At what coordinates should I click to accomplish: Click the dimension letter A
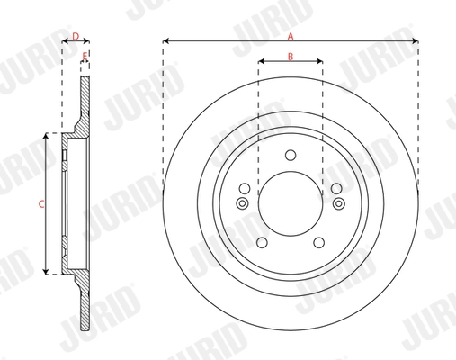pyautogui.click(x=290, y=36)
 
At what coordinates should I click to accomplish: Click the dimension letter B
pyautogui.click(x=290, y=57)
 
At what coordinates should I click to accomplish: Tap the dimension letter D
pyautogui.click(x=76, y=37)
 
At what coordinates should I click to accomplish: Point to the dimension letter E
pyautogui.click(x=85, y=57)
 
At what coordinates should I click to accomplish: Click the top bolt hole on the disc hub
pyautogui.click(x=290, y=155)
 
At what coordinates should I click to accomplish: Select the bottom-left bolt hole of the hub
pyautogui.click(x=261, y=243)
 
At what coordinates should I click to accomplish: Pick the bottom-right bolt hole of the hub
pyautogui.click(x=318, y=243)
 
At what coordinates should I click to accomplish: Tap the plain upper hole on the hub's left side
pyautogui.click(x=244, y=188)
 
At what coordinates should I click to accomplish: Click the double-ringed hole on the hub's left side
pyautogui.click(x=241, y=203)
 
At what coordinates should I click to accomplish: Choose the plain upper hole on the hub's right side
pyautogui.click(x=335, y=188)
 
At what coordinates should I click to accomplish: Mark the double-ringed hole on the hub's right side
pyautogui.click(x=338, y=203)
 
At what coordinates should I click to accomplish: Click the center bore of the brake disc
pyautogui.click(x=290, y=203)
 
